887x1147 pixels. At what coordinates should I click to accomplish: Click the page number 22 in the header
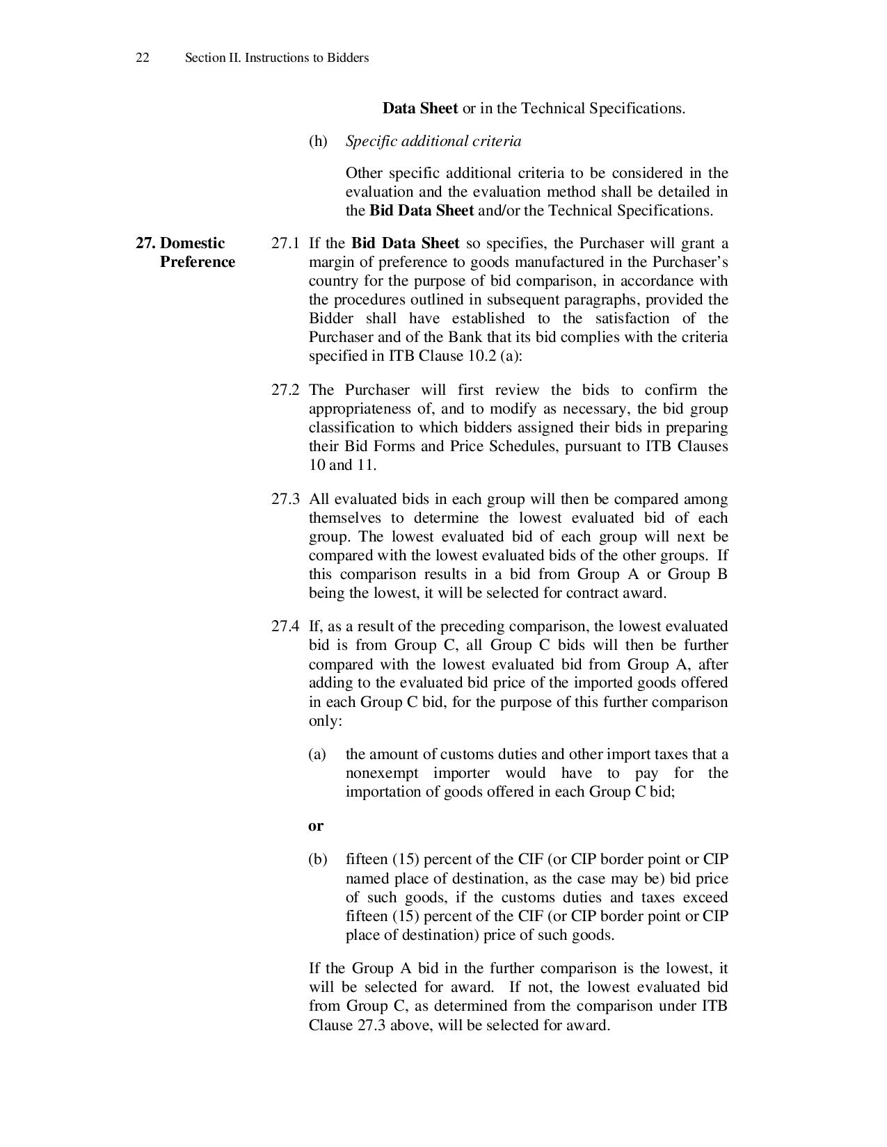click(x=142, y=58)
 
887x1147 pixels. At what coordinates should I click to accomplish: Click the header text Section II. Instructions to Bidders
click(x=276, y=58)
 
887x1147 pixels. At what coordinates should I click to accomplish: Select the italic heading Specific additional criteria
click(x=433, y=141)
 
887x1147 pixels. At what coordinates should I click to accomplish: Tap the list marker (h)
click(x=318, y=141)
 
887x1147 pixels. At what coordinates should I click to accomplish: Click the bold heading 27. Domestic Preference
click(x=186, y=252)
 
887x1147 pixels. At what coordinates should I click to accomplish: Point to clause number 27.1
click(x=285, y=243)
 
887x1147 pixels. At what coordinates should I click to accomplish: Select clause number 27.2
click(x=285, y=390)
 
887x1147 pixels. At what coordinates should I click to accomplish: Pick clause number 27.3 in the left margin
click(x=285, y=499)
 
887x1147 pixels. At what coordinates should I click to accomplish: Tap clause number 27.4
click(x=285, y=626)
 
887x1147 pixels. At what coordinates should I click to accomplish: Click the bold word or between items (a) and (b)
click(x=316, y=826)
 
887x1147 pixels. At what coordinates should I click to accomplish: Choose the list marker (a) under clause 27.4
click(x=317, y=754)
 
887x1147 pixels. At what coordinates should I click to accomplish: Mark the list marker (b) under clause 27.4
click(x=317, y=859)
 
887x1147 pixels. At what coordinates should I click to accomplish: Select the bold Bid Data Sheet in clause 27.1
click(x=405, y=243)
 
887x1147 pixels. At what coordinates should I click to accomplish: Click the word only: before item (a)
click(x=326, y=721)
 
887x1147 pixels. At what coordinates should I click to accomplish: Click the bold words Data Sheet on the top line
click(x=420, y=108)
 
